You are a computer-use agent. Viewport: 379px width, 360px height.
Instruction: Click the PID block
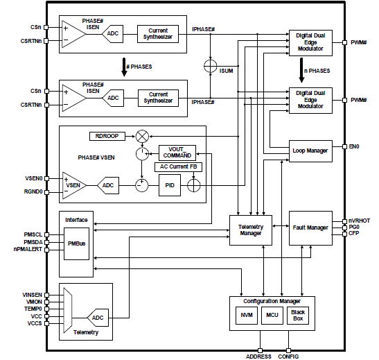coord(169,185)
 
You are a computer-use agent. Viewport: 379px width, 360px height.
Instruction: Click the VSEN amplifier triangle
coord(73,185)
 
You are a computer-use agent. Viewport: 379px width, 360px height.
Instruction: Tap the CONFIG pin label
coord(289,355)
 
